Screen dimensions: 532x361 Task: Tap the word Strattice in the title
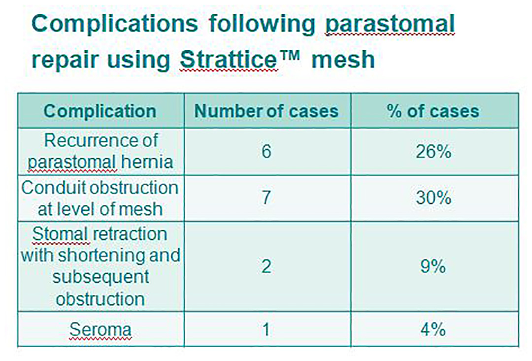(x=229, y=60)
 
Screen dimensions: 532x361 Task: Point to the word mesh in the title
(x=343, y=60)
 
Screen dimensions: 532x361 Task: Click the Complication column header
(x=100, y=111)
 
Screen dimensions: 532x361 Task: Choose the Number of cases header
(x=266, y=111)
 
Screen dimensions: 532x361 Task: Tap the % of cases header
(x=433, y=111)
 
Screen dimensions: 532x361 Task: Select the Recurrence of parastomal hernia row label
(x=100, y=151)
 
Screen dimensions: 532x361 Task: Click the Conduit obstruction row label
(x=100, y=198)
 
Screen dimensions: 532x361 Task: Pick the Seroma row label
(x=100, y=329)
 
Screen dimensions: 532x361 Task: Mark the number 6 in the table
(x=266, y=151)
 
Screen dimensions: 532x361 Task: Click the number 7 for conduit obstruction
(x=266, y=197)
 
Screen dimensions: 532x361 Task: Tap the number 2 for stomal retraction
(x=266, y=266)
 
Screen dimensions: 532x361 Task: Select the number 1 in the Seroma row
(x=266, y=329)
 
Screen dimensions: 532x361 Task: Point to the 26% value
(x=433, y=151)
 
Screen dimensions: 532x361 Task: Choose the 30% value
(x=433, y=197)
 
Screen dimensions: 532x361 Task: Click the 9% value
(x=433, y=266)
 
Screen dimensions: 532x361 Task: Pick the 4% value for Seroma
(x=433, y=329)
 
